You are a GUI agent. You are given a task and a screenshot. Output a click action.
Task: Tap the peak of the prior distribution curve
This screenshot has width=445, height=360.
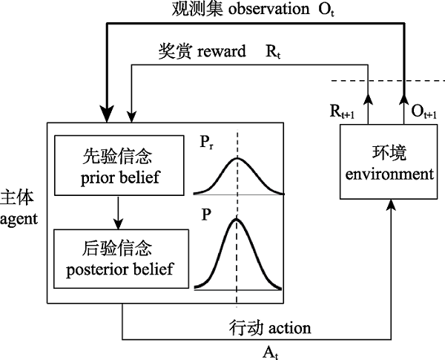237,158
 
